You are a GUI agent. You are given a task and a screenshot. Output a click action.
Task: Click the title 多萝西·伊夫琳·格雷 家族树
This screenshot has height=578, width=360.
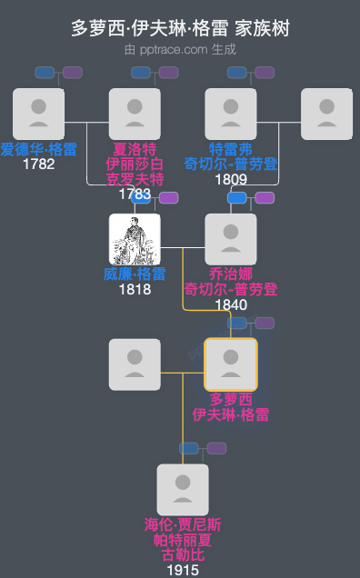180,28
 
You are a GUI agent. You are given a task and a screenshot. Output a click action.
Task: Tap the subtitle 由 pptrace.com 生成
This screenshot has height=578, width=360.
180,49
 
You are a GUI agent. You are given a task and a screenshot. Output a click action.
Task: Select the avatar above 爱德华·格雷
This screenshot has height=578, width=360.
38,114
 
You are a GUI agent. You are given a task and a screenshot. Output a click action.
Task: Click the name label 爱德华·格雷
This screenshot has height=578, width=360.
38,149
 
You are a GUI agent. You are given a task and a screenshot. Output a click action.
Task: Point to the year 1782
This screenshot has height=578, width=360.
38,164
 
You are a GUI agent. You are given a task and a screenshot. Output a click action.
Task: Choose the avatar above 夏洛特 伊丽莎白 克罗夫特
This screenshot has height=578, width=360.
135,114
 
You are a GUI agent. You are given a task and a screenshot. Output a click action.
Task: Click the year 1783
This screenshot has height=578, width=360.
135,194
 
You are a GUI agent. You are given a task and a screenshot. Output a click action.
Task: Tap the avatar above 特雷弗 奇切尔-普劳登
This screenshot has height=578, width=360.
231,114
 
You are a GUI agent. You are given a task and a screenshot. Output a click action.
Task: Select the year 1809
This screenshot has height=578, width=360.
231,179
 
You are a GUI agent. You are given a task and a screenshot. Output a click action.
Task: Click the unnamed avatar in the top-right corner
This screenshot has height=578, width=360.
326,114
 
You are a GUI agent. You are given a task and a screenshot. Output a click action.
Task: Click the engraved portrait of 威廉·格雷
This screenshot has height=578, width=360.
135,239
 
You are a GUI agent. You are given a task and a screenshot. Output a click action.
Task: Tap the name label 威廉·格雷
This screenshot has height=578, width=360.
135,274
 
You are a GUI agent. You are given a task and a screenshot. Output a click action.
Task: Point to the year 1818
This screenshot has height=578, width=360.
135,290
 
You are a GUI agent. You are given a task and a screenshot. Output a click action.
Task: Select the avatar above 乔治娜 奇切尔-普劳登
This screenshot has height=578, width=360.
231,239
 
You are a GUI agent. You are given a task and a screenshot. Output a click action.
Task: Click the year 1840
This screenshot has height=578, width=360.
231,304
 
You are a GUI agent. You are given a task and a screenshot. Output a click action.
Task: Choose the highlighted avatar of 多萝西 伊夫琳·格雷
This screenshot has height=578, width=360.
231,364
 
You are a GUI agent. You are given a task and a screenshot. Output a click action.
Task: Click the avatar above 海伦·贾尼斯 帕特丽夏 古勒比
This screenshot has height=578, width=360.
183,490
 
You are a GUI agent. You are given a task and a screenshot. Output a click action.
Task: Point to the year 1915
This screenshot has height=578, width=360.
183,570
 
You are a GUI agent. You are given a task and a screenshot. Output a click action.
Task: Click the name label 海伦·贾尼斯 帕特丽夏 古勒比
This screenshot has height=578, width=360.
183,540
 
